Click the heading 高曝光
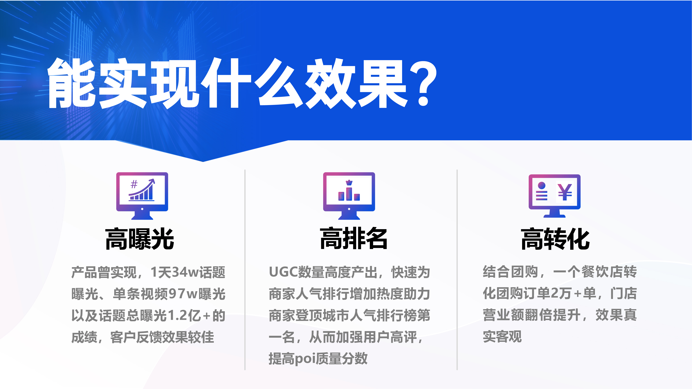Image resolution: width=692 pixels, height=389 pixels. click(x=140, y=239)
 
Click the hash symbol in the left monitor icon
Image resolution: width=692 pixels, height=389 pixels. click(x=134, y=184)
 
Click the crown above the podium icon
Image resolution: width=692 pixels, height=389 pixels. click(x=349, y=182)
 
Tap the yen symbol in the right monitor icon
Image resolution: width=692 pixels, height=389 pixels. click(x=565, y=192)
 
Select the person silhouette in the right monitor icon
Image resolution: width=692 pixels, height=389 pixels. click(x=541, y=191)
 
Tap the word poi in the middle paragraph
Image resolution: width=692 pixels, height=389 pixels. click(x=305, y=359)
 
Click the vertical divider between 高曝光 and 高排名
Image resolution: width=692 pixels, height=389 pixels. click(x=245, y=270)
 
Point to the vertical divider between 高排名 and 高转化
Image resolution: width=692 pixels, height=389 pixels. click(x=457, y=270)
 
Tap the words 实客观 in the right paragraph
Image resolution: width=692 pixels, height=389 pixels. click(x=502, y=336)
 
